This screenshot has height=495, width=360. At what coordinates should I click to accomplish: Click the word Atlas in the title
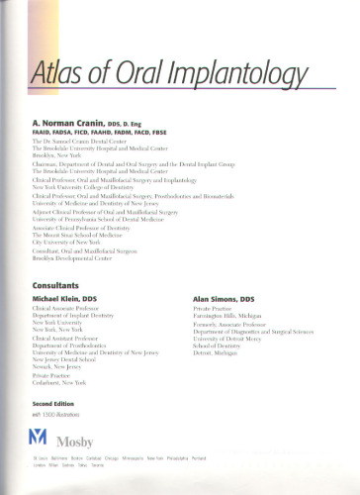pyautogui.click(x=58, y=73)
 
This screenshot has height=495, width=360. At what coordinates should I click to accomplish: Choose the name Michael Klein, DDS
pyautogui.click(x=71, y=297)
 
